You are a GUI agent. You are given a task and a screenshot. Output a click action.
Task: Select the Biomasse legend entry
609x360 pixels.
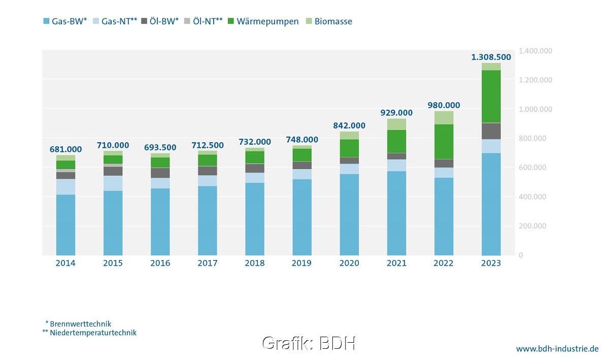333,21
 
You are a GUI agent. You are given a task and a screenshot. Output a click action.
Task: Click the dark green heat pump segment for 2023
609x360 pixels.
491,96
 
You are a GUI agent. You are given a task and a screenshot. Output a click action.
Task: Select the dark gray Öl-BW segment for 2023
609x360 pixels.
491,131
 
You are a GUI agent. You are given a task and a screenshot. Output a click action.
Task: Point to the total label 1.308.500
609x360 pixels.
491,57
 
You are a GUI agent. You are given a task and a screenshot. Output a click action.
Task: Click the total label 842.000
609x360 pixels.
349,125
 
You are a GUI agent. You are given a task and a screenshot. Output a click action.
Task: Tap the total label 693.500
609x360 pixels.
160,147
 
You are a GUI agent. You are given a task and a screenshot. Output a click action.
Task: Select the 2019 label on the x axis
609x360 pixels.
302,263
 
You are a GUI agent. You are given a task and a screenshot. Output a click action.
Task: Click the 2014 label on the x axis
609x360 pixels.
65,263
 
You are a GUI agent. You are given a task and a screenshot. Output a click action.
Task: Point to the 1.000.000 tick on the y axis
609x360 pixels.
535,109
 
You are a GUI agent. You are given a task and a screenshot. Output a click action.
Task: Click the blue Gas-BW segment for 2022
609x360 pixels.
444,216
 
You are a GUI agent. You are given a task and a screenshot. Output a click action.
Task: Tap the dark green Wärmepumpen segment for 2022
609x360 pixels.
444,142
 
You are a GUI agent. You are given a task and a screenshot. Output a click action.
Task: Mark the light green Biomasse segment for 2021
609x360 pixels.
396,124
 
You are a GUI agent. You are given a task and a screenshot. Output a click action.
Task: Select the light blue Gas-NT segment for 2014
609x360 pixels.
65,186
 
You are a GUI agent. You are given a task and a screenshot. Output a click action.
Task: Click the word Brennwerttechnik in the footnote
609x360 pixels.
81,323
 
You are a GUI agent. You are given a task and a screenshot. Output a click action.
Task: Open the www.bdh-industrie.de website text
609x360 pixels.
557,349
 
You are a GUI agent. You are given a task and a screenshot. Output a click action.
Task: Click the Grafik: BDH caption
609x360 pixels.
309,343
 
